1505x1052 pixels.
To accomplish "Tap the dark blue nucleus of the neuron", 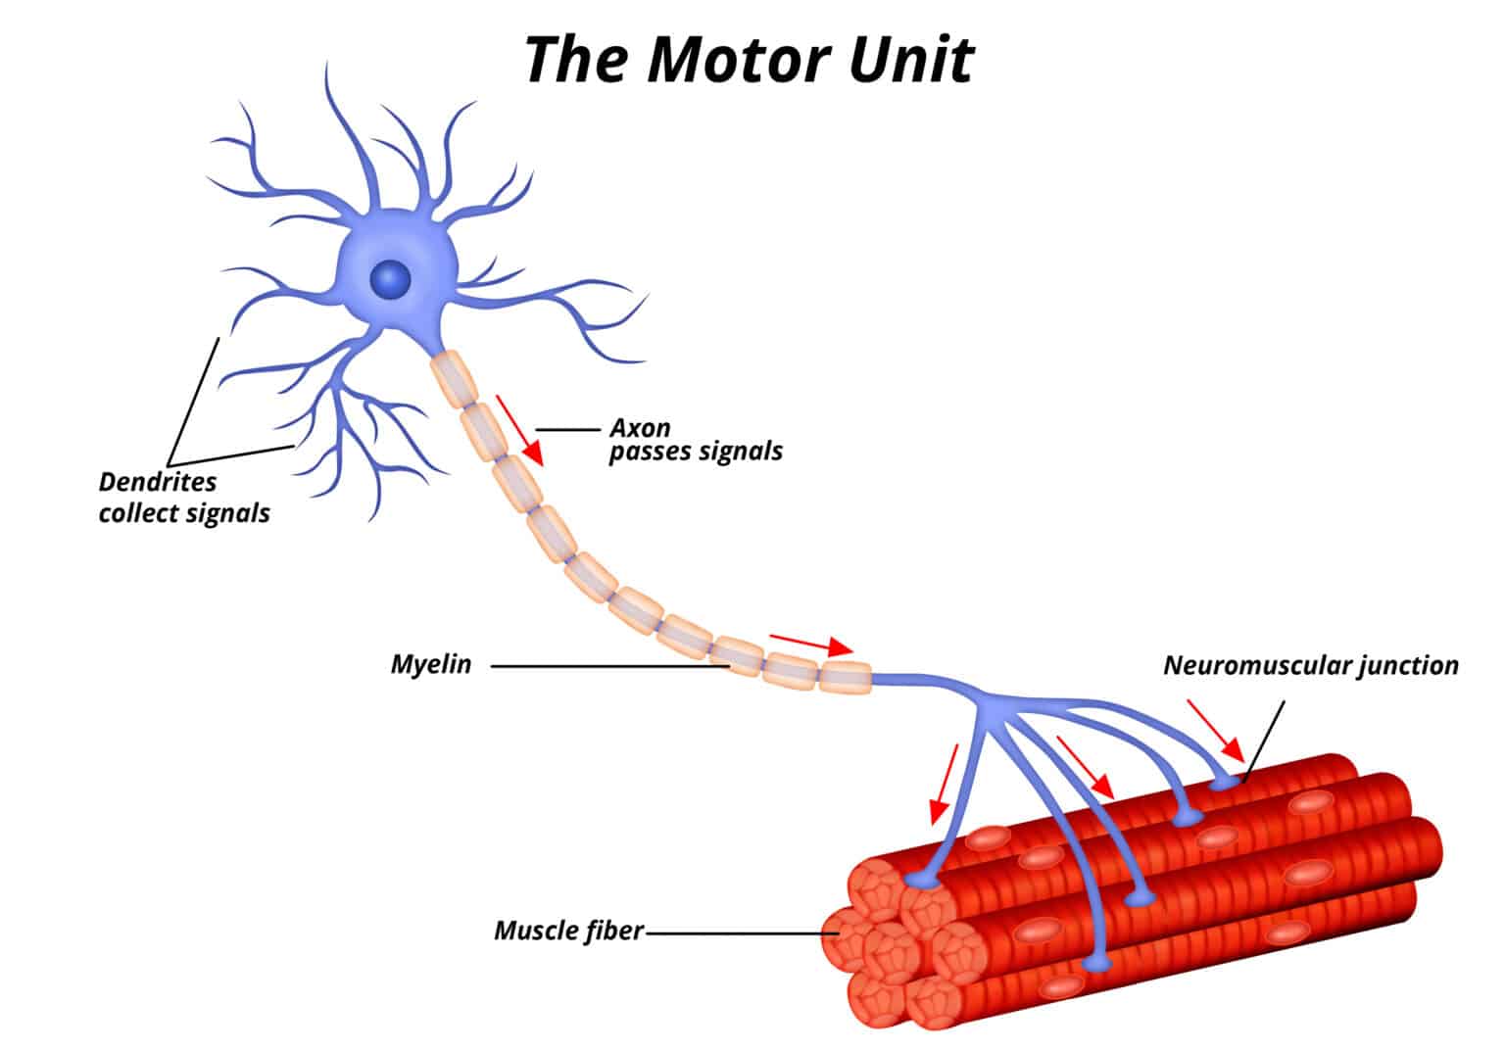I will click(x=391, y=280).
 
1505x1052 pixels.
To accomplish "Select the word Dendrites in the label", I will click(x=157, y=482).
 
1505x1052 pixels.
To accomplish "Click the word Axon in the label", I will click(x=640, y=428).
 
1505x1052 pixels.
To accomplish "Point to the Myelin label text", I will click(x=431, y=664).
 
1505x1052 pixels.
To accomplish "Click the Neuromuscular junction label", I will click(x=1310, y=665).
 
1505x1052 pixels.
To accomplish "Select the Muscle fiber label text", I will click(x=568, y=930).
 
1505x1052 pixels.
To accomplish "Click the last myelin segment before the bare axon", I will click(x=845, y=677).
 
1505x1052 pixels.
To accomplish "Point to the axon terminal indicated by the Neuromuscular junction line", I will click(x=1224, y=784).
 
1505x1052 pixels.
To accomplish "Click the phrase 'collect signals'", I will click(x=184, y=512).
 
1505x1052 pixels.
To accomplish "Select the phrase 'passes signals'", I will click(x=696, y=452).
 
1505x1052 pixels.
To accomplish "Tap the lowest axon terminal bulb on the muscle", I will click(x=1097, y=965).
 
